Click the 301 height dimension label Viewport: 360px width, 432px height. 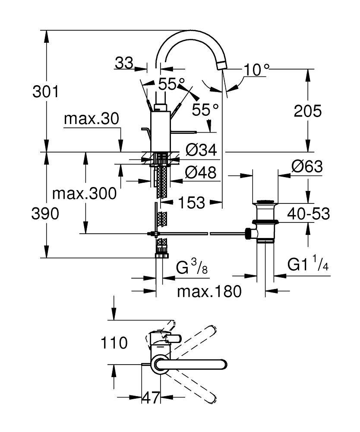click(45, 92)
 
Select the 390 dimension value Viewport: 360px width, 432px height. click(45, 213)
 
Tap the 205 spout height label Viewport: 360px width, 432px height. click(308, 111)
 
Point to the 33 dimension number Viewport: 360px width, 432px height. click(124, 64)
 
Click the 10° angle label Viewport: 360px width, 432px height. click(256, 70)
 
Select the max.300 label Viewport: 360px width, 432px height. click(84, 194)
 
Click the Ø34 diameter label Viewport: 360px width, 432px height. click(201, 150)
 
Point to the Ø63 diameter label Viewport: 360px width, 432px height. click(307, 166)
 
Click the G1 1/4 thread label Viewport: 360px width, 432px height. click(308, 264)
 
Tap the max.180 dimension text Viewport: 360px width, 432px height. click(209, 292)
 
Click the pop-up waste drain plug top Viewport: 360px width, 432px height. click(265, 202)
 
